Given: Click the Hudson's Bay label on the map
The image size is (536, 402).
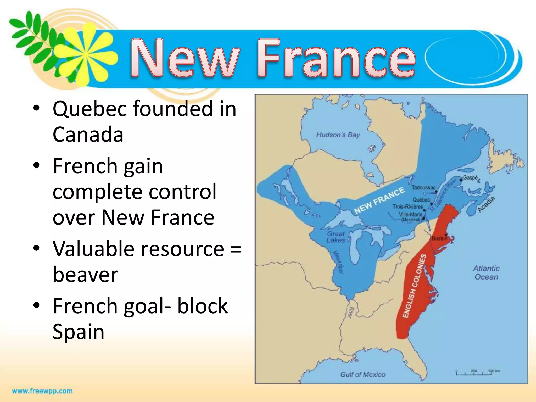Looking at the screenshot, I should tap(338, 135).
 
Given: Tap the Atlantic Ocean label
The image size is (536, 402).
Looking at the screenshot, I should tap(486, 272).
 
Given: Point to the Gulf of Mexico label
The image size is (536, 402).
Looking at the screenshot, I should tap(363, 375).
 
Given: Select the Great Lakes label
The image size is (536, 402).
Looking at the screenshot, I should tap(336, 237).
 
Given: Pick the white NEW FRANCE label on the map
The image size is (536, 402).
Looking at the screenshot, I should tap(379, 200).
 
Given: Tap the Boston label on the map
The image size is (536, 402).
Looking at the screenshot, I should tap(439, 238).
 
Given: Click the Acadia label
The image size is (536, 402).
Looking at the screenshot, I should tap(486, 204).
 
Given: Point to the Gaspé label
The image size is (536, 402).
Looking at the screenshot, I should tap(470, 178).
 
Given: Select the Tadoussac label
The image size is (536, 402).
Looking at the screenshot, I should tap(423, 188).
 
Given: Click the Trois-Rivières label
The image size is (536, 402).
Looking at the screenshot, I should tap(408, 207).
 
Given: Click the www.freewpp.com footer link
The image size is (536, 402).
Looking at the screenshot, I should tap(42, 391).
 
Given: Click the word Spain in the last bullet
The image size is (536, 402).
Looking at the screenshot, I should tap(79, 332).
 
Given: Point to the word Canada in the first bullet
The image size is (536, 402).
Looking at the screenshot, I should tap(88, 134).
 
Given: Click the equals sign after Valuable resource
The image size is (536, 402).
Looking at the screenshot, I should tap(236, 249).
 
